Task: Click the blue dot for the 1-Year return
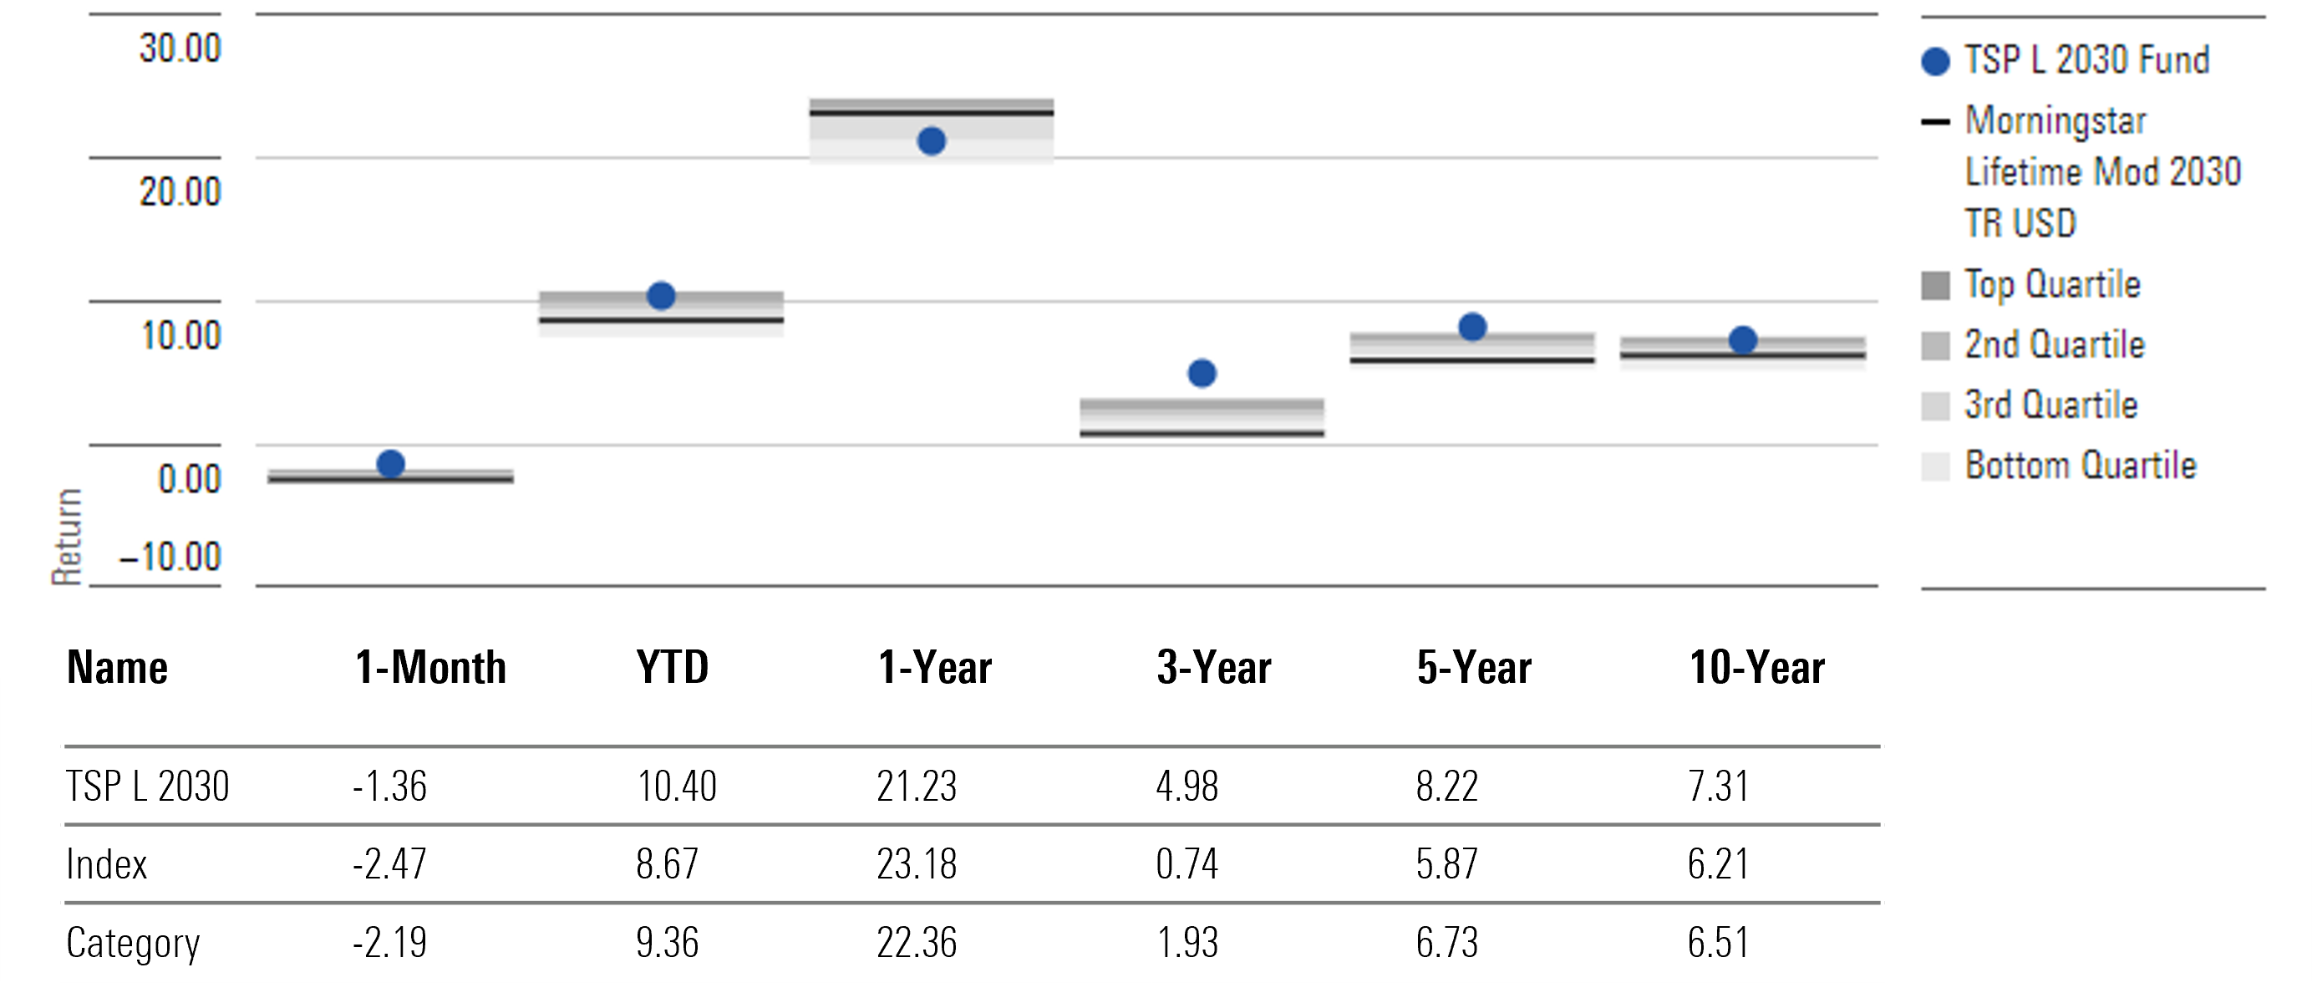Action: tap(932, 141)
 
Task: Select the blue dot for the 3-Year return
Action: tap(1202, 374)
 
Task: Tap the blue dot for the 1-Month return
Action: tap(390, 464)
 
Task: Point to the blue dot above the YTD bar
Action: tap(661, 295)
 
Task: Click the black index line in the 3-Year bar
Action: tap(1202, 434)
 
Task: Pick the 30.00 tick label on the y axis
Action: tap(180, 48)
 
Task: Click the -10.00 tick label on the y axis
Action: tap(170, 557)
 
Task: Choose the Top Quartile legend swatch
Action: tap(1935, 286)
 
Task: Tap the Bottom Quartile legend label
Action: tap(2080, 465)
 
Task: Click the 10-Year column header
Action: tap(1756, 667)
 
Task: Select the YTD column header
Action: tap(673, 667)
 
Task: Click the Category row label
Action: tap(133, 943)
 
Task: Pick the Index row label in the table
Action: tap(106, 863)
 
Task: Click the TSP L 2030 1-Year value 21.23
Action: tap(917, 787)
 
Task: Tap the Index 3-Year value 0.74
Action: tap(1186, 863)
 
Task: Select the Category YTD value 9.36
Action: tap(667, 943)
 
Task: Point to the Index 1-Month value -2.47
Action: tap(389, 863)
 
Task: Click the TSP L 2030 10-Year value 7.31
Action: tap(1718, 787)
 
